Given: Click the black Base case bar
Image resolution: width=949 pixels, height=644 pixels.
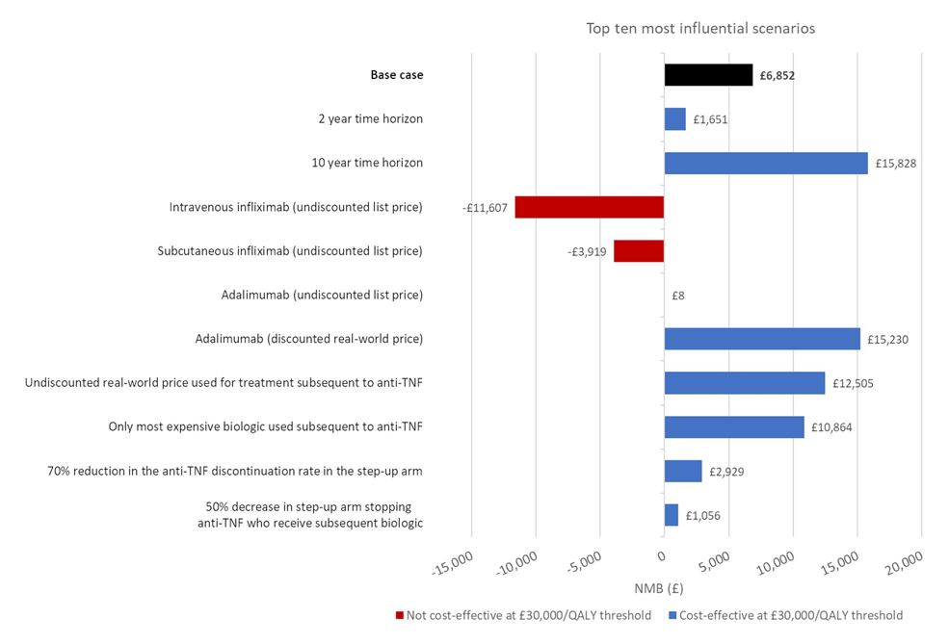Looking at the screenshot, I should tap(708, 75).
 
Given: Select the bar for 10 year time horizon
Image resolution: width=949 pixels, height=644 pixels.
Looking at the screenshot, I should tap(766, 163).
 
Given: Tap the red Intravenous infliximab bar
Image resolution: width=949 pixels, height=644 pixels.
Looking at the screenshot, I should tap(590, 207).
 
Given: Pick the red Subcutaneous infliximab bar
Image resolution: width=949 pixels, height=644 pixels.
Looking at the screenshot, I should tap(639, 251).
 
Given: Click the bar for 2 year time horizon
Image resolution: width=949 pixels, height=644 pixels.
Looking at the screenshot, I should tap(674, 119).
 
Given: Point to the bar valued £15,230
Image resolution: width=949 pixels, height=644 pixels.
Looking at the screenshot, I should tap(762, 339).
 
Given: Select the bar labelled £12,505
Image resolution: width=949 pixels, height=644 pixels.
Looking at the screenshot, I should tap(745, 383).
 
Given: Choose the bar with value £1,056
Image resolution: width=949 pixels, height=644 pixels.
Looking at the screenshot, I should tap(671, 515).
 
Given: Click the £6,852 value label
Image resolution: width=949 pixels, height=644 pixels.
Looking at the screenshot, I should tap(777, 75).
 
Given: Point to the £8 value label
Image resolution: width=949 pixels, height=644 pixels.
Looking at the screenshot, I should tap(678, 296).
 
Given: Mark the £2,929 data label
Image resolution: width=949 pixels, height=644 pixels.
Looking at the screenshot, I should tap(727, 472).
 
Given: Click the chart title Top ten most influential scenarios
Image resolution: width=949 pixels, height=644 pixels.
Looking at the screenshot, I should tap(700, 28).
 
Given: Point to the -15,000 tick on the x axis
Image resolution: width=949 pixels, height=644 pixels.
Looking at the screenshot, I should tap(452, 564).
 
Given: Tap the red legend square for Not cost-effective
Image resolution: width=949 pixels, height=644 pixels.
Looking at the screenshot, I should tap(399, 615).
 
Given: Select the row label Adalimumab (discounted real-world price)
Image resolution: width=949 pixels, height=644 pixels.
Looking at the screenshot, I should tap(308, 339).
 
